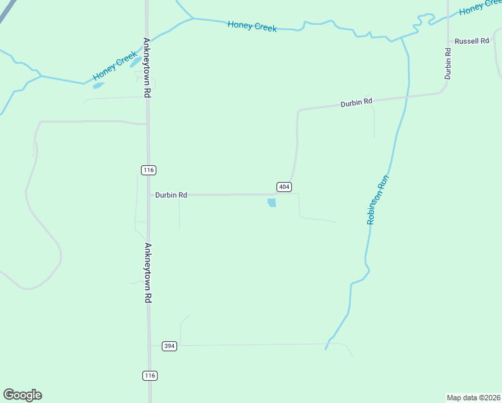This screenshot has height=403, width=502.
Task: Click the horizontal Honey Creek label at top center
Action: (252, 26)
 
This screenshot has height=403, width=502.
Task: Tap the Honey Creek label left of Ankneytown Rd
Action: (115, 66)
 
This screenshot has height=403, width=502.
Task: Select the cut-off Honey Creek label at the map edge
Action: (480, 8)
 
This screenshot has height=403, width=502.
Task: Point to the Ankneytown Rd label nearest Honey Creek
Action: (146, 67)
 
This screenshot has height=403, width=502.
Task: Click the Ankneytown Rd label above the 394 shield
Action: (148, 272)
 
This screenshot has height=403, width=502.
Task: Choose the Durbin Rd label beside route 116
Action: (170, 195)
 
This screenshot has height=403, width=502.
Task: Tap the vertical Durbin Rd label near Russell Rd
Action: (447, 63)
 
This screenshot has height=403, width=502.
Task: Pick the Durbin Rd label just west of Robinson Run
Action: (356, 103)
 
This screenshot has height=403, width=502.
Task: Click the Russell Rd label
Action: (472, 41)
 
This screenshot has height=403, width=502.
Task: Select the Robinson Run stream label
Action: (377, 199)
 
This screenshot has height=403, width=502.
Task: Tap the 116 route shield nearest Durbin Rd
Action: (148, 170)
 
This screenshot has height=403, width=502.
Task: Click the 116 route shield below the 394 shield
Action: (150, 375)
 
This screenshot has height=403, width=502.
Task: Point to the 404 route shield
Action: (283, 186)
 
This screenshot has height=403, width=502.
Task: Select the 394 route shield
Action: (169, 346)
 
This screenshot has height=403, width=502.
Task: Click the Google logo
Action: (22, 395)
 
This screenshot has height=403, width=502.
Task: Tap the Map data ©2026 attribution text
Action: (473, 397)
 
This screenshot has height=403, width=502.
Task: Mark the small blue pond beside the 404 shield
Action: (272, 202)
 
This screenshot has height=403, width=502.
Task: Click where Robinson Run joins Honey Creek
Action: (401, 38)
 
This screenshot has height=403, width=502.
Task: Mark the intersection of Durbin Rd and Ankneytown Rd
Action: (148, 195)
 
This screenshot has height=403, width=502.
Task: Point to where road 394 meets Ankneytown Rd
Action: (150, 346)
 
